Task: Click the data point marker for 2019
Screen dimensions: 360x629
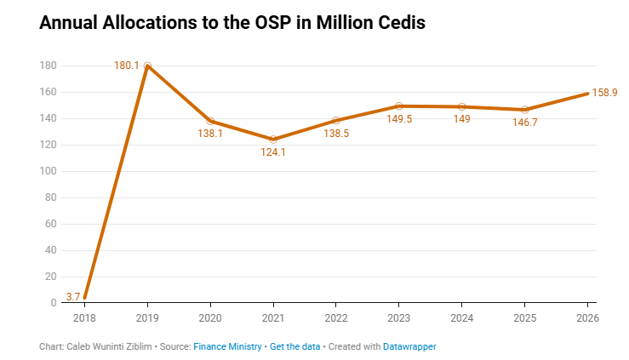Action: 148,66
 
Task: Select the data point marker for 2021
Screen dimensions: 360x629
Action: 273,139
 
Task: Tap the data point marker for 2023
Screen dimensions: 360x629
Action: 399,106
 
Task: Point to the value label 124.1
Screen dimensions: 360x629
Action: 273,152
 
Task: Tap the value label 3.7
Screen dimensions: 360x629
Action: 72,297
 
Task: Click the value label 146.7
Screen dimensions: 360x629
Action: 524,123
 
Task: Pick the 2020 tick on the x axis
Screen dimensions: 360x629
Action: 210,318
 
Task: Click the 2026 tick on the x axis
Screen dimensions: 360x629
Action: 587,318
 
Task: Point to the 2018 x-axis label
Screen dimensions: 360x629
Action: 85,318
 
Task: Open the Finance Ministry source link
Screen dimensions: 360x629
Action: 227,347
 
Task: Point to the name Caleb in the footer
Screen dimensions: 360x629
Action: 79,347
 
